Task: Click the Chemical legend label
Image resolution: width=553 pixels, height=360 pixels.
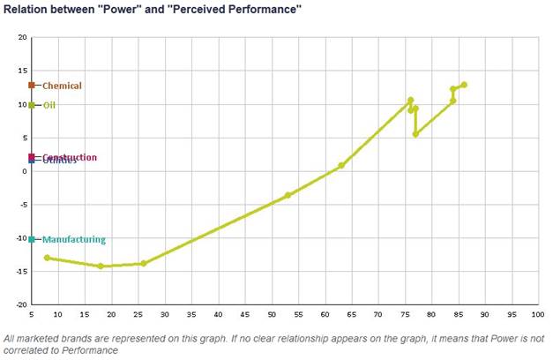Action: click(62, 86)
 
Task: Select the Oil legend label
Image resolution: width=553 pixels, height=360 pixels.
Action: click(49, 105)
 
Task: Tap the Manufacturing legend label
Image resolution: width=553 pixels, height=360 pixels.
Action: click(73, 239)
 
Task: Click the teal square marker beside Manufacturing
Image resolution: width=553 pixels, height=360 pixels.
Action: click(32, 239)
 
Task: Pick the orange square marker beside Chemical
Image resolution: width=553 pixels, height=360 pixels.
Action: click(32, 86)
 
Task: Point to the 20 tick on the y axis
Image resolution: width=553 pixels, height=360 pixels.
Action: click(23, 38)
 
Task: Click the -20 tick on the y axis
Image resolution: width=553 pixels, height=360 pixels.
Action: click(22, 304)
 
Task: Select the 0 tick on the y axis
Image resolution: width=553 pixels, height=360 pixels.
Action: click(25, 171)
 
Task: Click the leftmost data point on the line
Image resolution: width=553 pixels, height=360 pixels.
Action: click(48, 258)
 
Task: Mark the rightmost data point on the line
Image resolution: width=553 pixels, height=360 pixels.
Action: click(464, 85)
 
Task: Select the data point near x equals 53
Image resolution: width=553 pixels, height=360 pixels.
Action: click(288, 195)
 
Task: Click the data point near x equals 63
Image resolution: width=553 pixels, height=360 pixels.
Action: click(341, 165)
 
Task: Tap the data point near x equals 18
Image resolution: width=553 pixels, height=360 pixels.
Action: click(101, 266)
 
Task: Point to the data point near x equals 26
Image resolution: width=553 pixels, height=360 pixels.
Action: click(144, 263)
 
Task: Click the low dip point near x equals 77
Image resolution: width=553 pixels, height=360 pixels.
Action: click(415, 134)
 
